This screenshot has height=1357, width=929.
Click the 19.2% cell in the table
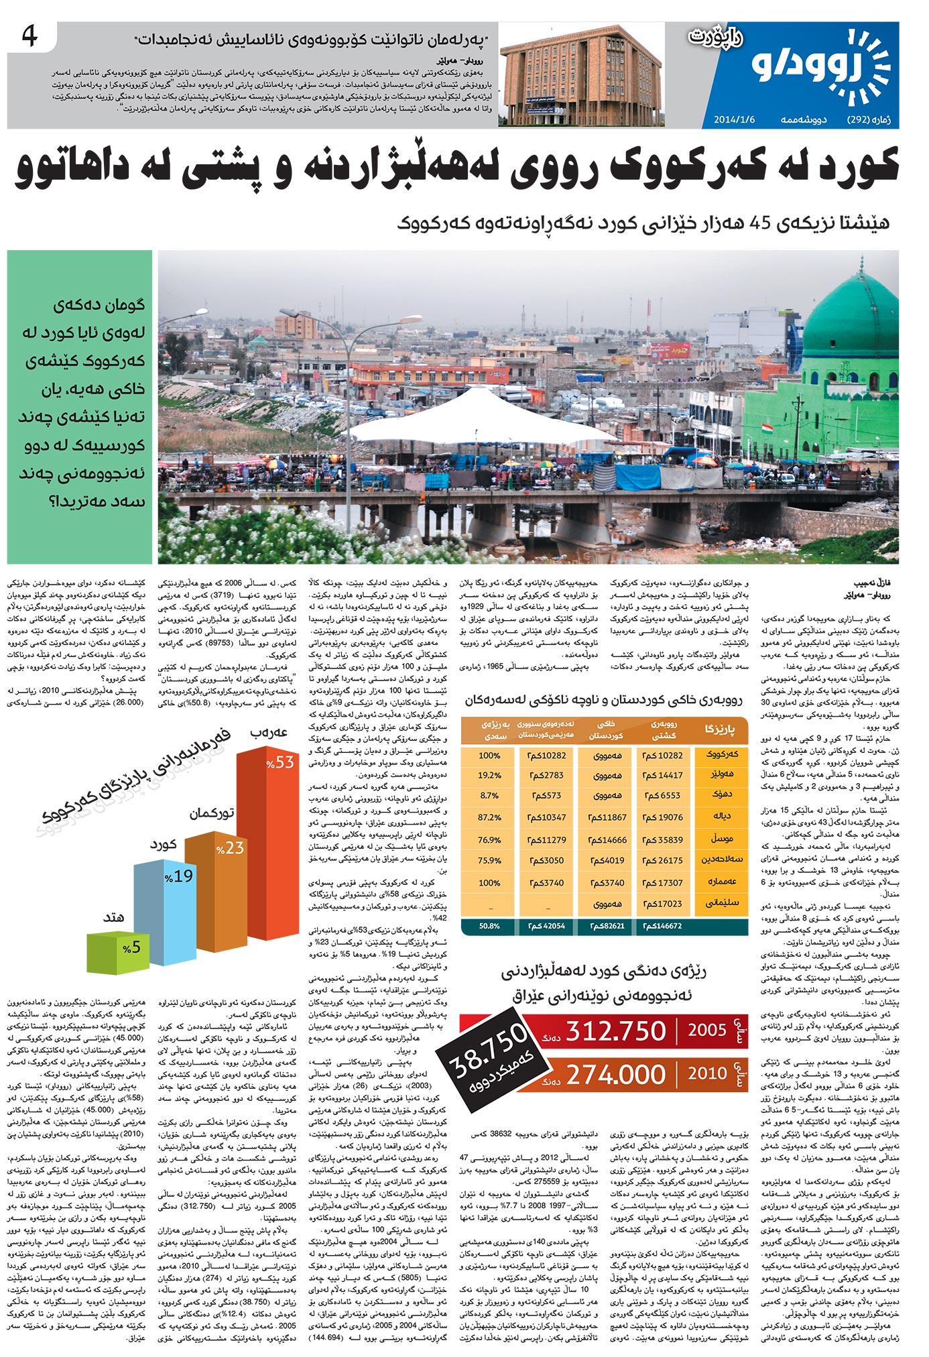pyautogui.click(x=489, y=775)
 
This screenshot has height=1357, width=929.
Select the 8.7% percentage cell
pyautogui.click(x=489, y=796)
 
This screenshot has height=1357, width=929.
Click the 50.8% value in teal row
pyautogui.click(x=489, y=926)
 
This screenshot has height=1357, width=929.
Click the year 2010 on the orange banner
pyautogui.click(x=706, y=1073)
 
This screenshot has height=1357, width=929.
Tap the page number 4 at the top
pyautogui.click(x=30, y=36)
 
